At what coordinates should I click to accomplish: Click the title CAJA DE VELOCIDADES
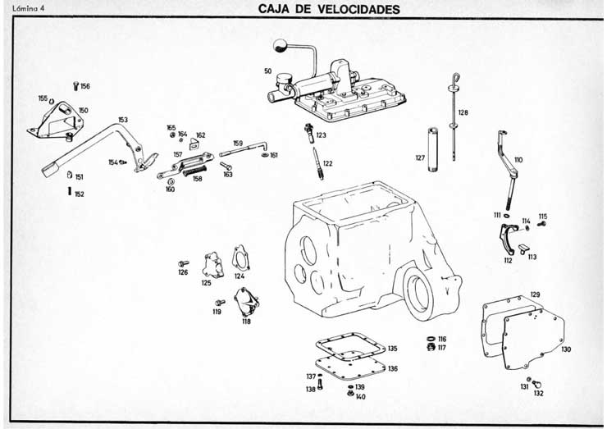coord(329,9)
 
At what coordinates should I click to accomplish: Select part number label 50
coord(267,71)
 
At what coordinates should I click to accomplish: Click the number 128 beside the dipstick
coord(463,112)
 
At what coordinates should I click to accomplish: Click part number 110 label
coord(518,159)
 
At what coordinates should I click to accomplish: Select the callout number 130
coord(566,349)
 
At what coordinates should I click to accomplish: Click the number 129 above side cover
coord(535,294)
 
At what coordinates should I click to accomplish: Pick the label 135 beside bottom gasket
coord(392,349)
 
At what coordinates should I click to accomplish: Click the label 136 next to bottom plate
coord(393,368)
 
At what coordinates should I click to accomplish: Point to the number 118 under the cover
coord(246,321)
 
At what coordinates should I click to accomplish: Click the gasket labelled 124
coord(241,257)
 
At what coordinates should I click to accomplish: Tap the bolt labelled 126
coord(183,263)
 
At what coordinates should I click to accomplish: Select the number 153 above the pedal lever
coord(122,120)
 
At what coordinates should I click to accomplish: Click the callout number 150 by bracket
coord(83,110)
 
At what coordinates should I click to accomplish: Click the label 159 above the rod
coord(237,143)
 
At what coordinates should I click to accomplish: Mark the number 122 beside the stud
coord(327,163)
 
